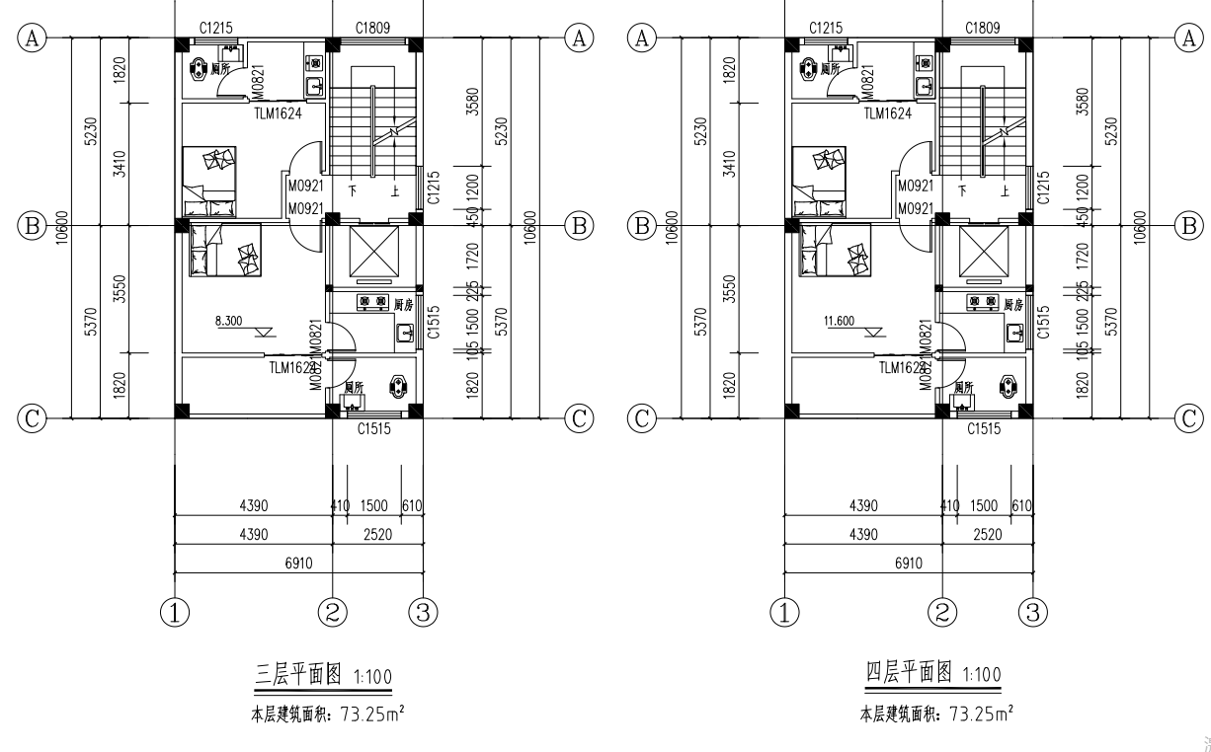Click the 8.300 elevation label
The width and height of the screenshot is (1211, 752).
[233, 321]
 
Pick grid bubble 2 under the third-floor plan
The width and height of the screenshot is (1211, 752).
[333, 612]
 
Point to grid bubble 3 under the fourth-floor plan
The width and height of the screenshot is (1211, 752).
[1032, 612]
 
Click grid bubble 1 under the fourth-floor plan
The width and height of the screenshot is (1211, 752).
[784, 612]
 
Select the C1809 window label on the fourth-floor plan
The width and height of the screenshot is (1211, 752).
[984, 28]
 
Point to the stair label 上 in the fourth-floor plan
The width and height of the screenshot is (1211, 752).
[1005, 191]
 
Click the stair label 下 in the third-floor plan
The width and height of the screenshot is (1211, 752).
[351, 191]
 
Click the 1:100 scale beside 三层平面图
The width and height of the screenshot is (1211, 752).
[371, 677]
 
